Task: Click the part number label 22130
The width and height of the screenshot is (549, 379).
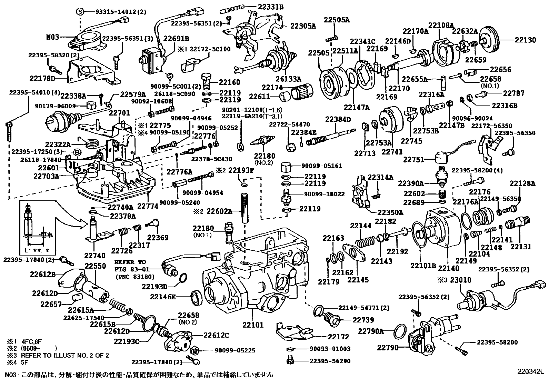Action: tap(526, 40)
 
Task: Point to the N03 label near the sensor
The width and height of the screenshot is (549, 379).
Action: tap(53, 36)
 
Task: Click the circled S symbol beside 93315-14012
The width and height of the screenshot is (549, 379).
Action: tap(80, 12)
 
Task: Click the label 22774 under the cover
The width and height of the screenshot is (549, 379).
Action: tap(148, 206)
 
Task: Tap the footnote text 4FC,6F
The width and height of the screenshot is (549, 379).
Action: tap(31, 341)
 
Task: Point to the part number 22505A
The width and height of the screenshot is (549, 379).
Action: tap(336, 20)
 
